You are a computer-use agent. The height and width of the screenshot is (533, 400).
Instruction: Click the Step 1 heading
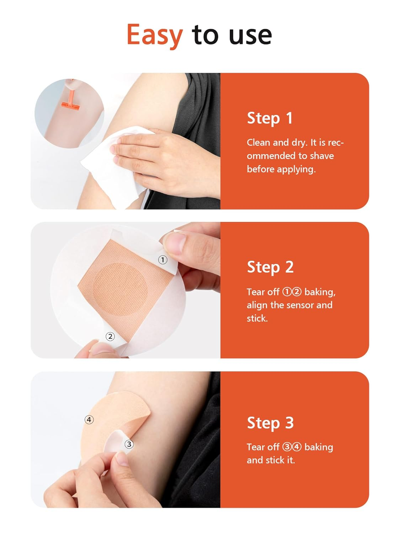pyautogui.click(x=270, y=118)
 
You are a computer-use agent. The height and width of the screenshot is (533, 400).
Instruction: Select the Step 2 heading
pyautogui.click(x=270, y=267)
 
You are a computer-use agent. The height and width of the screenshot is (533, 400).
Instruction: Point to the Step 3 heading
pyautogui.click(x=270, y=423)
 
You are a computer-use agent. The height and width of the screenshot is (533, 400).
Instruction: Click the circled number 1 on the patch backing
pyautogui.click(x=162, y=260)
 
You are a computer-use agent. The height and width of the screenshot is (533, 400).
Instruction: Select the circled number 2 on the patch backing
pyautogui.click(x=110, y=336)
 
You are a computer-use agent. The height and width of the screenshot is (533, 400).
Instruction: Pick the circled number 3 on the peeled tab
pyautogui.click(x=129, y=444)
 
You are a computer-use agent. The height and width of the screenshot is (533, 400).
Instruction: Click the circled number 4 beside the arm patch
pyautogui.click(x=89, y=420)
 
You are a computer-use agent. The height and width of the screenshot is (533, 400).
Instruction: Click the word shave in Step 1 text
pyautogui.click(x=322, y=156)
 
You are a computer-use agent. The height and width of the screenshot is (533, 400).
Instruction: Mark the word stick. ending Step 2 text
pyautogui.click(x=257, y=318)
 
